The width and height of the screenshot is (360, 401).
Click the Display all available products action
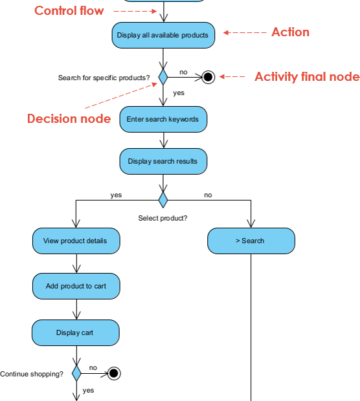(x=163, y=35)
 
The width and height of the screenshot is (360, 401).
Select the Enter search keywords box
(x=163, y=120)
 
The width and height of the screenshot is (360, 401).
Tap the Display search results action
(x=163, y=161)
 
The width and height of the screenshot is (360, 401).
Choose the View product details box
(x=76, y=241)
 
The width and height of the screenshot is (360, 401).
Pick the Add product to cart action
(x=76, y=286)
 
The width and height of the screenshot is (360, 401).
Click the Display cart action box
(x=76, y=332)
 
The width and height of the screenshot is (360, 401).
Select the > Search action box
(x=251, y=241)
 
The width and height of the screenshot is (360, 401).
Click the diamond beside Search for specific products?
(x=163, y=77)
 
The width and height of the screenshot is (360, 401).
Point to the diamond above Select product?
(x=163, y=199)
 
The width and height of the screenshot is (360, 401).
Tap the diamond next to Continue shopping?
(x=76, y=373)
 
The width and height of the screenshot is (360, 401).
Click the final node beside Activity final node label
(x=208, y=77)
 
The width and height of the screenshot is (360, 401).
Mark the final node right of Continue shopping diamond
(x=114, y=373)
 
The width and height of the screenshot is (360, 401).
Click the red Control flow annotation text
(x=69, y=11)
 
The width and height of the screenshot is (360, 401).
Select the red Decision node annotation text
(x=69, y=118)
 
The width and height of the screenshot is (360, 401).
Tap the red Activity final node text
(x=306, y=77)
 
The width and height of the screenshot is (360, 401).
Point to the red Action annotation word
(x=290, y=32)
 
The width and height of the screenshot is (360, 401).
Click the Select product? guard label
(x=163, y=218)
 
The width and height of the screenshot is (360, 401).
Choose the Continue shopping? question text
(x=32, y=374)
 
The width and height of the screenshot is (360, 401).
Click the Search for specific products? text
(x=104, y=78)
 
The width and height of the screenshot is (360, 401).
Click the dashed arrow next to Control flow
(x=135, y=11)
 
